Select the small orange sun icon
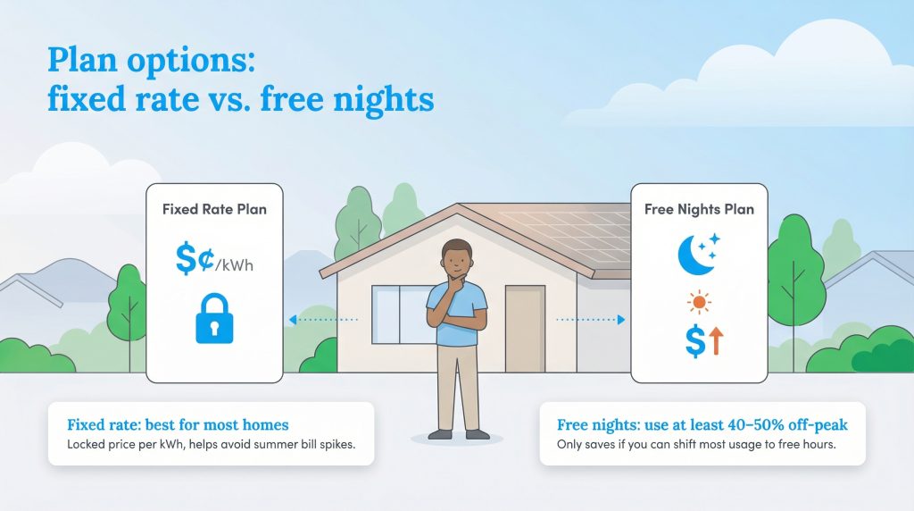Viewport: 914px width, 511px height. click(x=699, y=303)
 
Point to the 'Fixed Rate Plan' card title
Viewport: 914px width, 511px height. click(x=214, y=209)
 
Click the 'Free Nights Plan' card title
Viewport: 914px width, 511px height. click(x=699, y=209)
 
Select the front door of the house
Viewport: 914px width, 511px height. click(x=524, y=329)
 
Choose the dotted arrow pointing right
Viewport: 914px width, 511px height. click(x=591, y=319)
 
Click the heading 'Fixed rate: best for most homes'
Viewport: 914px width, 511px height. click(x=177, y=424)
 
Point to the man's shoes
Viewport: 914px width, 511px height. click(x=458, y=433)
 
